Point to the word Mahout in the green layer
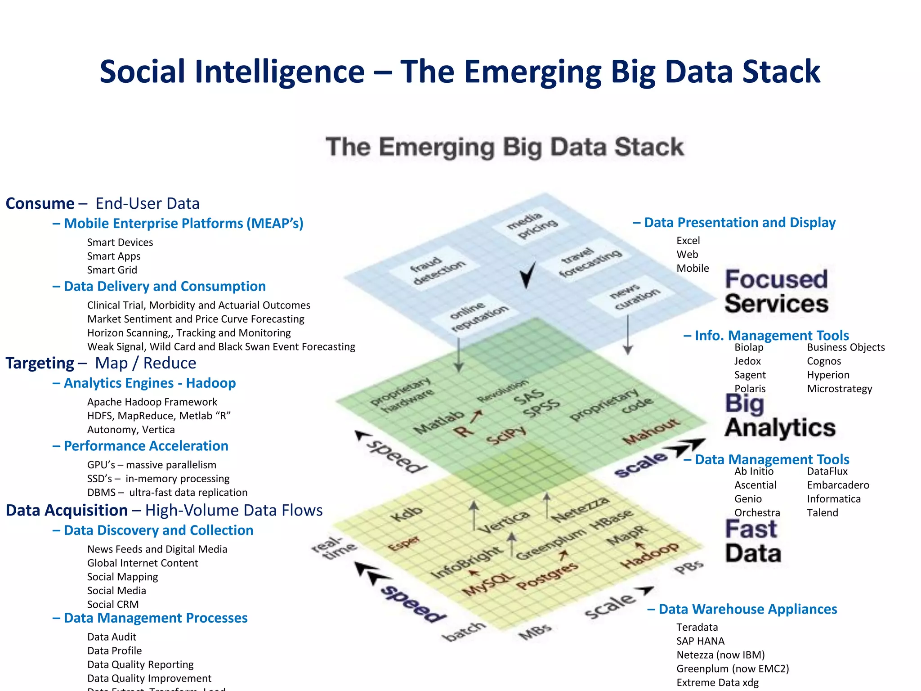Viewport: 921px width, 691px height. pos(651,431)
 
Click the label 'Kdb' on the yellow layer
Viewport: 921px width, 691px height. pos(407,513)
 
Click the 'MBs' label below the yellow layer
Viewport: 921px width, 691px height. pos(535,632)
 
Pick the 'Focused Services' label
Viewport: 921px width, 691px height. pos(776,292)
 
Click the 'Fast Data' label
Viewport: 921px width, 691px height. pos(752,541)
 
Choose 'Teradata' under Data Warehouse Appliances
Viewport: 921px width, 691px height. pos(697,627)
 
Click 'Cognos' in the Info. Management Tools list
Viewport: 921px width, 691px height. pos(823,361)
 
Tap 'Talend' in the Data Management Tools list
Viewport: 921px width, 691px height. pos(822,513)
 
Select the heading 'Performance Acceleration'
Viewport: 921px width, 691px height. pos(146,446)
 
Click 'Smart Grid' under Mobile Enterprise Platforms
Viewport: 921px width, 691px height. pos(112,270)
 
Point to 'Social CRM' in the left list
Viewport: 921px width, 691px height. pos(113,604)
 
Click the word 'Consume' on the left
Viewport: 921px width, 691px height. pos(40,203)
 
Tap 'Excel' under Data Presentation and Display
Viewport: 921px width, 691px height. pos(688,241)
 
